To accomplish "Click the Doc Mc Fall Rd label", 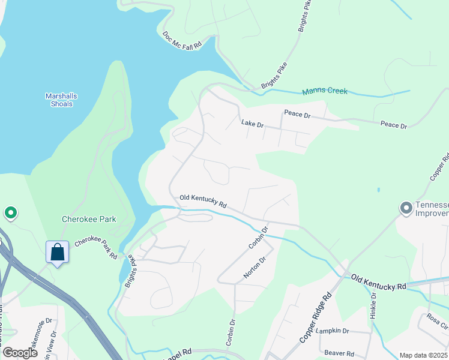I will tap(181, 40).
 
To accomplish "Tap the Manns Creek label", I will tap(325, 91).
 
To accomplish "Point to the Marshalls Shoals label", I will tap(61, 100).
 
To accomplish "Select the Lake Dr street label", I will tap(252, 124).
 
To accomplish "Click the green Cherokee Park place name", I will tap(89, 219).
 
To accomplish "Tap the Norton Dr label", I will tap(254, 268).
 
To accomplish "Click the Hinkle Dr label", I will tap(373, 306).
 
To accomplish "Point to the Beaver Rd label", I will tap(339, 353).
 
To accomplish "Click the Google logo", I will tap(20, 353).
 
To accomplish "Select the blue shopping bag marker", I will tap(58, 252).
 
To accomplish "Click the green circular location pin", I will tap(10, 212).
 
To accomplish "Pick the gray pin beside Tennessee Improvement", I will tap(406, 208).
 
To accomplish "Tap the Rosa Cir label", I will tap(438, 322).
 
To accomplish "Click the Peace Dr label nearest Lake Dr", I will tap(297, 113).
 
